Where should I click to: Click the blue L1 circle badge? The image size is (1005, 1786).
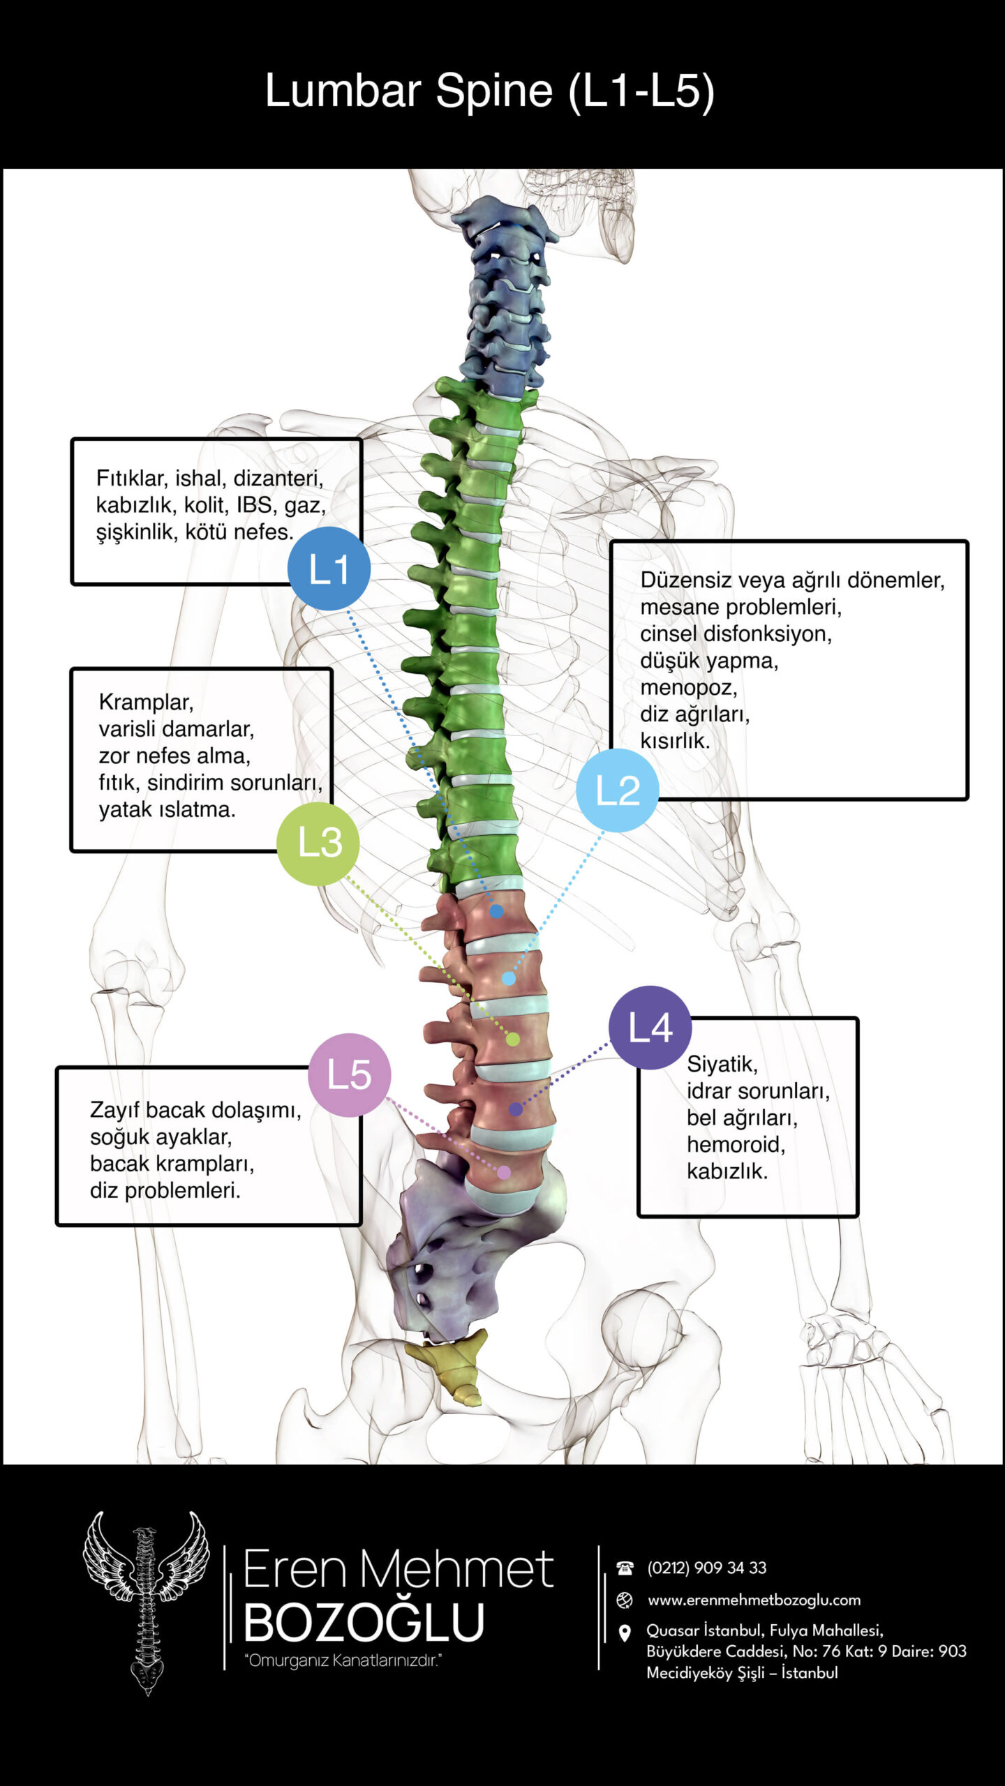329,569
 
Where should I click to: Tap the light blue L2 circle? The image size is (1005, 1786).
618,790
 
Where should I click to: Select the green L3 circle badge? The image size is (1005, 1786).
318,843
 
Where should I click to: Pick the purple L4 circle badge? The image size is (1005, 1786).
650,1027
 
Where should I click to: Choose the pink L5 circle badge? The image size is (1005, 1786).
349,1074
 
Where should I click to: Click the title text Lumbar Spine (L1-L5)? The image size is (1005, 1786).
489,91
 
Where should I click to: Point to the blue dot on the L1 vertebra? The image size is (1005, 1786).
496,911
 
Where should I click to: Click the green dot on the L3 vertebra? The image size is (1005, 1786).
512,1040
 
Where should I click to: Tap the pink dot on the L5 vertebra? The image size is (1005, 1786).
503,1172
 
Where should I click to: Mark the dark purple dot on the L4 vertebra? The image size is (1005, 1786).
516,1109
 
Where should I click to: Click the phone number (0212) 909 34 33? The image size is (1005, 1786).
706,1568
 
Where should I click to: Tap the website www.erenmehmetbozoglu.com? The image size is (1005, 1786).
754,1600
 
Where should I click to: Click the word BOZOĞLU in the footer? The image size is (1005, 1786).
364,1622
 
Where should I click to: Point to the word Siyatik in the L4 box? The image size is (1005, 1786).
722,1064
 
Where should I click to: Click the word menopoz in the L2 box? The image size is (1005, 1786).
688,688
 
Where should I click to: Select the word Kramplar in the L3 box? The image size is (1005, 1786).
146,702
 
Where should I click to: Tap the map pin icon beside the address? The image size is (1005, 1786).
625,1633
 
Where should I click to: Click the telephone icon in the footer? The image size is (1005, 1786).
625,1568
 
